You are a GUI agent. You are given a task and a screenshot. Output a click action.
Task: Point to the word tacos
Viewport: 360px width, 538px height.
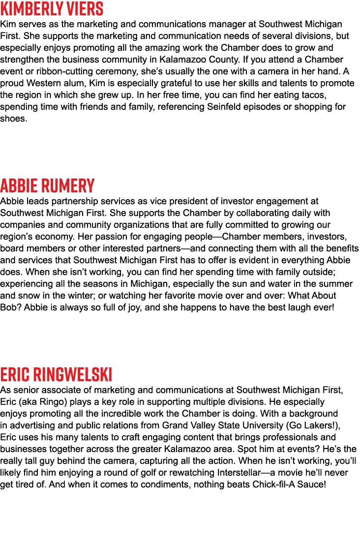click(x=314, y=95)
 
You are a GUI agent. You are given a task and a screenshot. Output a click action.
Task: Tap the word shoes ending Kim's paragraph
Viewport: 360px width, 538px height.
click(x=13, y=119)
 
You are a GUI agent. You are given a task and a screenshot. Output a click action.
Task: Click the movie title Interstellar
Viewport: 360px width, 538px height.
click(x=239, y=473)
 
